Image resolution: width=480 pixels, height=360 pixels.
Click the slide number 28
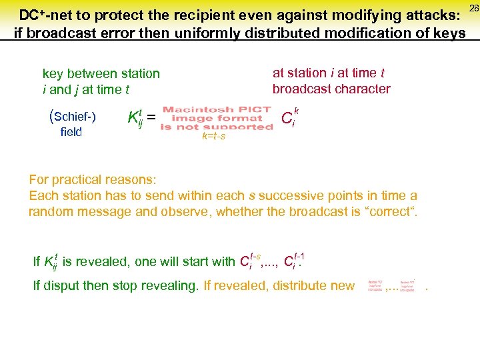(473, 7)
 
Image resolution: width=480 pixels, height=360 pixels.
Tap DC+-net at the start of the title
(47, 14)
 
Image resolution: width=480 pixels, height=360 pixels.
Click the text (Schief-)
(73, 117)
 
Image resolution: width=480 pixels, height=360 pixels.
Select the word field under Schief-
(71, 132)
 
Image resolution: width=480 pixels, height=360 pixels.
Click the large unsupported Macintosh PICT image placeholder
(216, 118)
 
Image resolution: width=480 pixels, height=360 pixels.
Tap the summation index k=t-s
(213, 137)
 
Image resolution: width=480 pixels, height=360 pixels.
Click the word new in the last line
(343, 286)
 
